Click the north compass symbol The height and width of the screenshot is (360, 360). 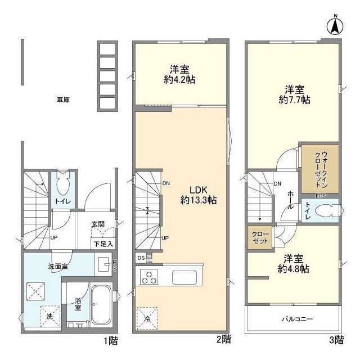pyautogui.click(x=333, y=25)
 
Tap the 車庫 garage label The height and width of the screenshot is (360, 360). pyautogui.click(x=62, y=100)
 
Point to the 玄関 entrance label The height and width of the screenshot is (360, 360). pyautogui.click(x=98, y=224)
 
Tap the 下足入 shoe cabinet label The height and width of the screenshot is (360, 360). pyautogui.click(x=103, y=244)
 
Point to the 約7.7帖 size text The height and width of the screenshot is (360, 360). pyautogui.click(x=295, y=100)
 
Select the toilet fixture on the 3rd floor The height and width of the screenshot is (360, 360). pyautogui.click(x=324, y=211)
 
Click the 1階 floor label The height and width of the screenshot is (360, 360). pyautogui.click(x=110, y=340)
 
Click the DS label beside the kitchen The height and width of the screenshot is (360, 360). pyautogui.click(x=141, y=258)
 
